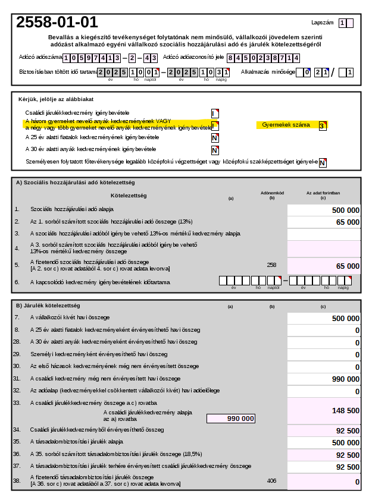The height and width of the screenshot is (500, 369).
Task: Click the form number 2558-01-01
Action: (x=57, y=23)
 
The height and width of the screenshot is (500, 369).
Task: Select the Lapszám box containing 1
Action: (x=342, y=23)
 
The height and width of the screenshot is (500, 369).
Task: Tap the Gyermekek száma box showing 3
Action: (x=322, y=125)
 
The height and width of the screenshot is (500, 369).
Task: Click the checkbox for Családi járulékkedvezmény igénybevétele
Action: (x=215, y=113)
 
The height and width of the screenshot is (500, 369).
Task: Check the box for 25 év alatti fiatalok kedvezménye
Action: (x=215, y=138)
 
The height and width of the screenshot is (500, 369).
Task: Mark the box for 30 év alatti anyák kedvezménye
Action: (x=215, y=150)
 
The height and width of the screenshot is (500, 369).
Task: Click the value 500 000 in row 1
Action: (x=345, y=210)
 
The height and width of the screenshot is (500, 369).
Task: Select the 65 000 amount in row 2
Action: (x=348, y=222)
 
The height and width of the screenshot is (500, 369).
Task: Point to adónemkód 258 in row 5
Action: (x=271, y=265)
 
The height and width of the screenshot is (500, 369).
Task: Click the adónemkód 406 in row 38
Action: (x=271, y=480)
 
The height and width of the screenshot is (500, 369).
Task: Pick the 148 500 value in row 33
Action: (x=345, y=410)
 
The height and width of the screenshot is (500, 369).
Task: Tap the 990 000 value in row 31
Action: (x=345, y=379)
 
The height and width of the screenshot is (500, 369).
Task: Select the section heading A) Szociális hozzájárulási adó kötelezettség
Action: (x=75, y=183)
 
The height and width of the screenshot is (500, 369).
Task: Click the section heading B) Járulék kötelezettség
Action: (x=47, y=306)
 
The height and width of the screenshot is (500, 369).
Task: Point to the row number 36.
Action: (x=17, y=454)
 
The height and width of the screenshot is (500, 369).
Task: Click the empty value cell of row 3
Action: (x=324, y=234)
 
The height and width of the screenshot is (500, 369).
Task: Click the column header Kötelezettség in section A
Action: (x=128, y=195)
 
